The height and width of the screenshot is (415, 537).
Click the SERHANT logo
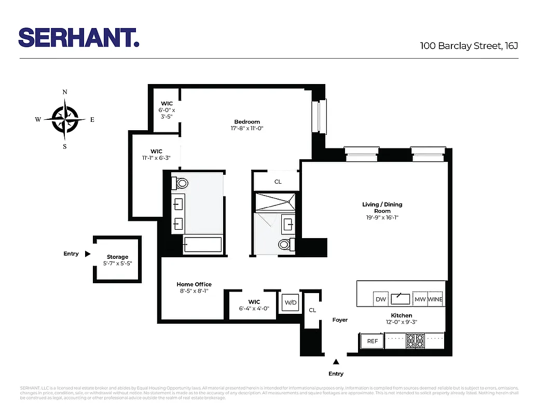tap(79, 37)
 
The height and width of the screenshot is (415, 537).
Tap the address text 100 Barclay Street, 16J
tap(469, 46)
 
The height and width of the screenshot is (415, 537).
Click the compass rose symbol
tap(65, 119)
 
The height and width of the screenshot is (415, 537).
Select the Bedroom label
tap(247, 122)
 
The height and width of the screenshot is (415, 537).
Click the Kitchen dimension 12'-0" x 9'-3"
tap(401, 322)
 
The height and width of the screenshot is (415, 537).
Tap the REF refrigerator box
tap(373, 341)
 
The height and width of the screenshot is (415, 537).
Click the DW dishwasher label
tap(380, 300)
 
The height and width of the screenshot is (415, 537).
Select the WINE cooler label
tap(435, 300)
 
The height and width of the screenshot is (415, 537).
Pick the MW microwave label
tap(420, 300)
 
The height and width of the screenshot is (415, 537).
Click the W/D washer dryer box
tap(290, 302)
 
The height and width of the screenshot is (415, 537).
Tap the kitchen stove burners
tap(415, 341)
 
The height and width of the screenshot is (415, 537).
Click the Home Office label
tap(194, 284)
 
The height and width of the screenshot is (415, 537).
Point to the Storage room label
tap(117, 257)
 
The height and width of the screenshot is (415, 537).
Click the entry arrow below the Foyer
tap(336, 362)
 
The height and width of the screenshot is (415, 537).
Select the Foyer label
tap(340, 320)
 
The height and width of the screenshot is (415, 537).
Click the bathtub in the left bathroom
tap(203, 244)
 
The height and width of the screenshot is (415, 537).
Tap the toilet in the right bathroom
tap(285, 244)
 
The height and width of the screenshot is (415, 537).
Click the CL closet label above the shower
tap(278, 182)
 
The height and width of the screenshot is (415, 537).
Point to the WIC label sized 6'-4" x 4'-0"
tap(254, 302)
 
